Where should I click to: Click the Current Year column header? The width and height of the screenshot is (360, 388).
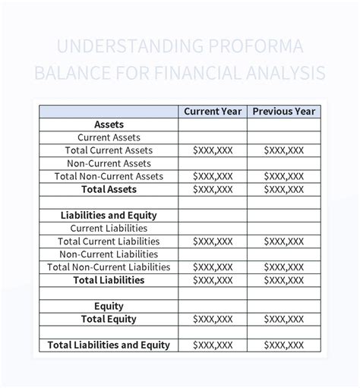pyautogui.click(x=213, y=112)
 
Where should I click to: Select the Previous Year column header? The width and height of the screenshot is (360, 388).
pyautogui.click(x=283, y=112)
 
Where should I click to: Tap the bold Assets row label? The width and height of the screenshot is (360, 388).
pyautogui.click(x=109, y=125)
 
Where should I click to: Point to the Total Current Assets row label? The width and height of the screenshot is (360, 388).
pyautogui.click(x=109, y=150)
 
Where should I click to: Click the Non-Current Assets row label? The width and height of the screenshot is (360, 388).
pyautogui.click(x=109, y=163)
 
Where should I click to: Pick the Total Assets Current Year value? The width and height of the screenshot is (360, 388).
pyautogui.click(x=213, y=189)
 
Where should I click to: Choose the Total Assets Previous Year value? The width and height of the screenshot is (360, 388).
pyautogui.click(x=283, y=189)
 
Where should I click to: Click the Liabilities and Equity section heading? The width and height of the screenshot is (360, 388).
pyautogui.click(x=109, y=215)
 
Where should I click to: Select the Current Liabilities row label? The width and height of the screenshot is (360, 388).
pyautogui.click(x=109, y=228)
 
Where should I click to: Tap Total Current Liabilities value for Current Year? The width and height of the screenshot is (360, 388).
pyautogui.click(x=213, y=241)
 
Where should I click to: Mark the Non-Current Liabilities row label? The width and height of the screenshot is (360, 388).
pyautogui.click(x=109, y=254)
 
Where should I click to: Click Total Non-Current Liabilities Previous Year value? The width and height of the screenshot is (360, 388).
pyautogui.click(x=283, y=267)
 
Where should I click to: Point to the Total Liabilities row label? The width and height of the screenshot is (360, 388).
pyautogui.click(x=109, y=280)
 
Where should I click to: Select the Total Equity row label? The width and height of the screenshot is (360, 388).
pyautogui.click(x=109, y=319)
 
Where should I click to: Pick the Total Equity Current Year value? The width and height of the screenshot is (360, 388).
pyautogui.click(x=213, y=319)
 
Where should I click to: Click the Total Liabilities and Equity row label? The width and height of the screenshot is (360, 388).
pyautogui.click(x=109, y=345)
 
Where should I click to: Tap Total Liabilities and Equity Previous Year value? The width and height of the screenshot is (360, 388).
pyautogui.click(x=283, y=345)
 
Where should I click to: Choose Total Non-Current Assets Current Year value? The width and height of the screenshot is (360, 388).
pyautogui.click(x=213, y=176)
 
